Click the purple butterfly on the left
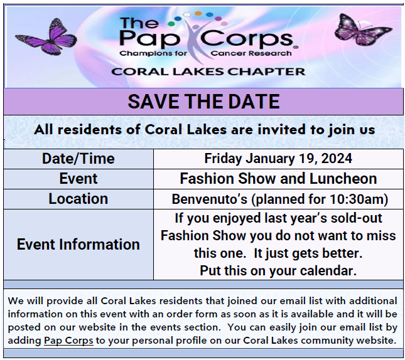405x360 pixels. pos(46,36)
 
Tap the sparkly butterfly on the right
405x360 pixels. pos(363,30)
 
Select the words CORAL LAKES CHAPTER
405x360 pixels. pos(208,71)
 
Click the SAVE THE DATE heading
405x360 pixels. pos(203,102)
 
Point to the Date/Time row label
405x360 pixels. pos(78,159)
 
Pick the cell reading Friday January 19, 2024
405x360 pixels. pos(278,159)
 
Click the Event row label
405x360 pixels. pos(78,179)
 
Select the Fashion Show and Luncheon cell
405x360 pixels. pos(278,179)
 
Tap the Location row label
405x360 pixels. pos(78,199)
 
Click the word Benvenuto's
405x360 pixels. pos(210,199)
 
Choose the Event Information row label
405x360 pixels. pos(78,245)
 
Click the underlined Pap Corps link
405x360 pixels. pos(68,341)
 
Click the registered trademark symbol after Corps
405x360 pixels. pos(296,47)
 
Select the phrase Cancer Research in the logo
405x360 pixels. pos(251,53)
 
